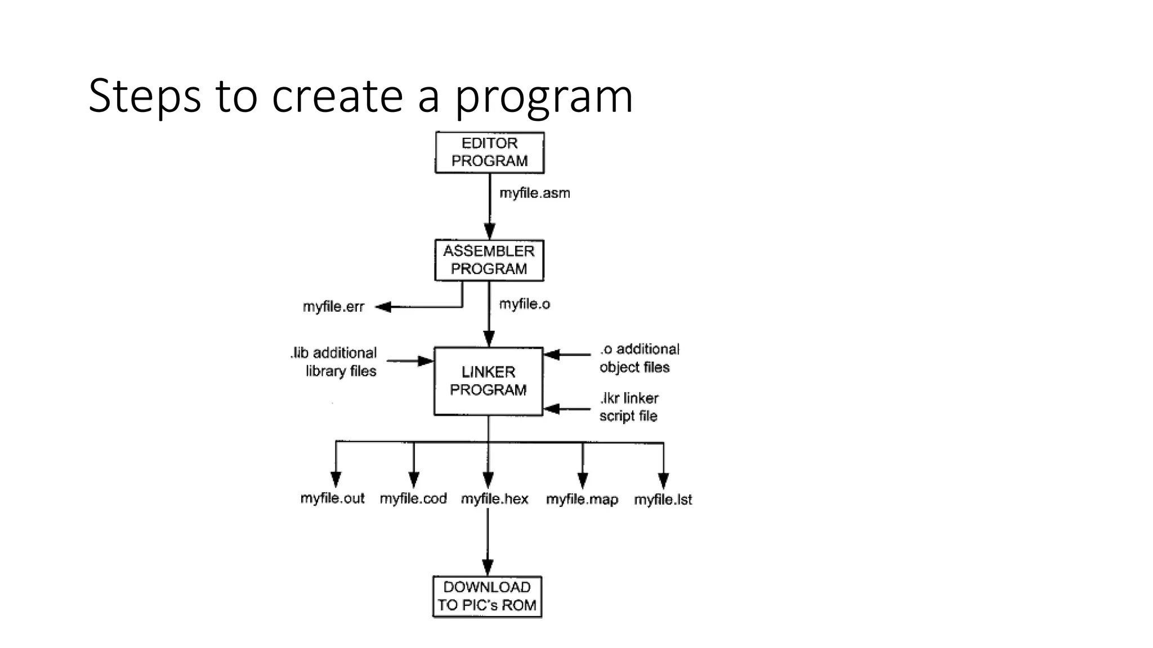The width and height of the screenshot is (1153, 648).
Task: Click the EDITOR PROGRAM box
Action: pos(489,152)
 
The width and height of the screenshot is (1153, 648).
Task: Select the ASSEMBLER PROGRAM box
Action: pos(489,260)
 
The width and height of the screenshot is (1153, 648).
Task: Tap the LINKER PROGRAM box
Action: pos(488,381)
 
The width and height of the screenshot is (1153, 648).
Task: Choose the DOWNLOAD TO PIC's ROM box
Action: pos(487,596)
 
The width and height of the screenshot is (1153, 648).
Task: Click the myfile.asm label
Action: pos(534,193)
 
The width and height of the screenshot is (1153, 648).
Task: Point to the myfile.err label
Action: pos(333,307)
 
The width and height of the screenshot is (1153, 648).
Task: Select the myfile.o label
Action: pos(524,304)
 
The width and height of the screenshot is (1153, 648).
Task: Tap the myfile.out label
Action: pos(332,498)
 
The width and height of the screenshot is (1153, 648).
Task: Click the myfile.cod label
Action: pos(413,498)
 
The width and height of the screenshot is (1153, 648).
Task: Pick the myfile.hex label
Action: pos(494,499)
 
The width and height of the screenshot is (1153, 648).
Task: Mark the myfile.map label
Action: pos(582,499)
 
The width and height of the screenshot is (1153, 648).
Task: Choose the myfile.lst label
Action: pos(663,499)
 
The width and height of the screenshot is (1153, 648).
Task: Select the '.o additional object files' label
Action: pos(639,358)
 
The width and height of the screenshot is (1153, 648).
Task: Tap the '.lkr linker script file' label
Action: pos(629,407)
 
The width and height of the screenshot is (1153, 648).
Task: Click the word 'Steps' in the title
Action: pos(144,96)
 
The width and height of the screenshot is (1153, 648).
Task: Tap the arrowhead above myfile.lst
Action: pos(663,480)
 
